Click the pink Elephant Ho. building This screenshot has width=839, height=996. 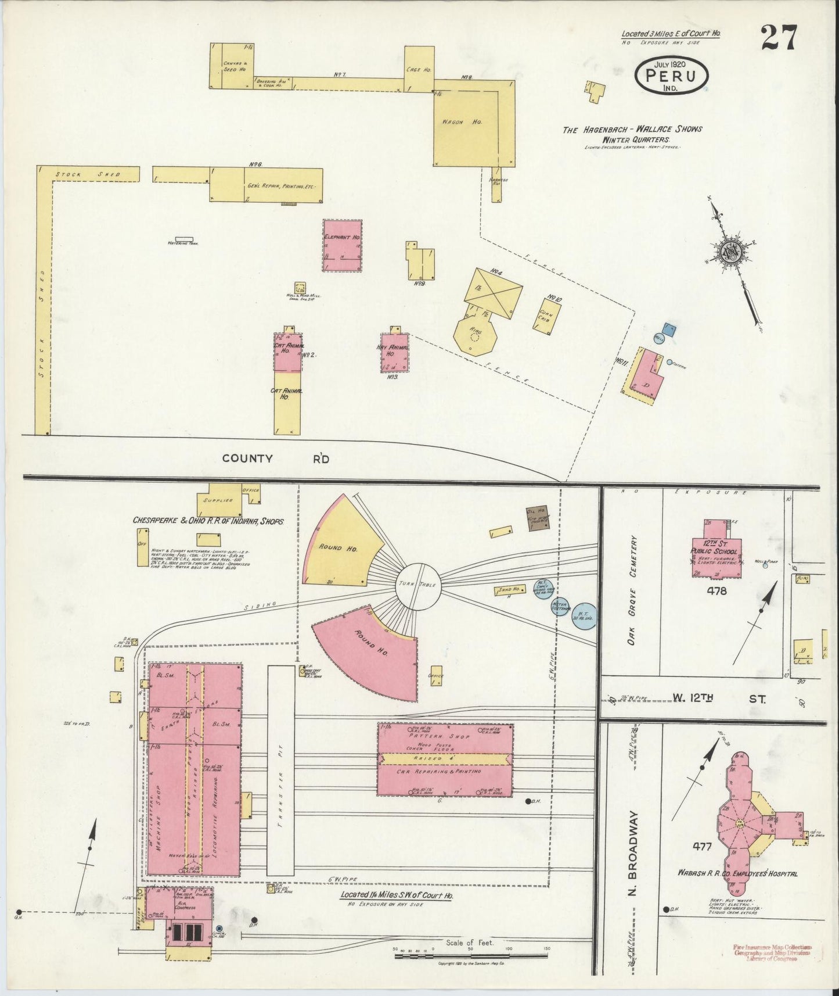[x=343, y=245]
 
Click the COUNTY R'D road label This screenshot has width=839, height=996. [x=276, y=458]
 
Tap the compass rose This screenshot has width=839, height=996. [x=728, y=251]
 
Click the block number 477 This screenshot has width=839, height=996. [x=701, y=847]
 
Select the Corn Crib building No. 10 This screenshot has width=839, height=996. [x=546, y=314]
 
